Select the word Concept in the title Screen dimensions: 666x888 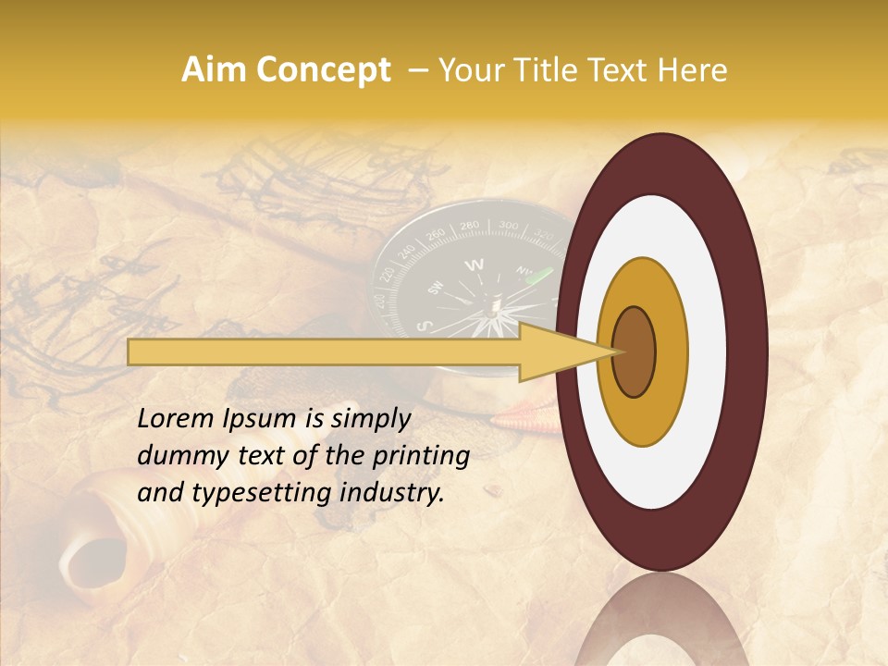(323, 71)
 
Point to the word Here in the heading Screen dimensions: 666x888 (695, 70)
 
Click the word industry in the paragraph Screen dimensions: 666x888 (392, 493)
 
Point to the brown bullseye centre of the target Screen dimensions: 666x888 (635, 352)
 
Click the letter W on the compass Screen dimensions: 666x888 (474, 265)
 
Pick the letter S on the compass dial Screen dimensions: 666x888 (424, 326)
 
